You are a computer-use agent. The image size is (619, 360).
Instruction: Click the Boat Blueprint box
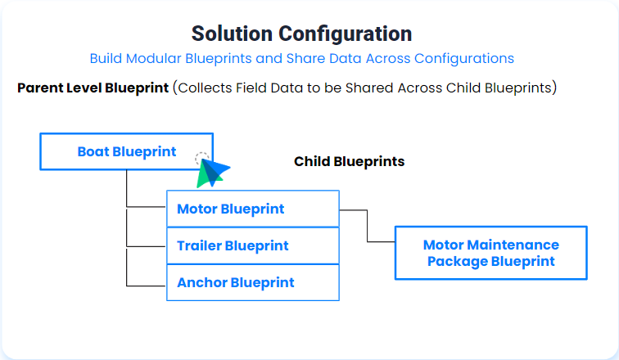point(126,151)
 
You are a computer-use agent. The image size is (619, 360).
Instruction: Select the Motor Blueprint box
point(252,209)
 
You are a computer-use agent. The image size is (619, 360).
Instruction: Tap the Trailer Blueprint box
point(252,245)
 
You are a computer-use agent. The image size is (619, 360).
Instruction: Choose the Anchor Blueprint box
point(252,282)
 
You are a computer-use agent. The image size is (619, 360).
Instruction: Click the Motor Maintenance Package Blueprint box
point(490,254)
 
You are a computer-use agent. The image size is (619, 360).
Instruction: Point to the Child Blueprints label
point(349,161)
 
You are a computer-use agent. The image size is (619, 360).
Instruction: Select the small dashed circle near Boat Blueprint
point(202,159)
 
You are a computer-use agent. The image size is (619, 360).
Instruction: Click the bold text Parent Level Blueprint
point(93,88)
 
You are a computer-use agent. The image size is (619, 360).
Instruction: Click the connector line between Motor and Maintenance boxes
point(367,226)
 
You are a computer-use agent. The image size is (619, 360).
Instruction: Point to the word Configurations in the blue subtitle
point(463,58)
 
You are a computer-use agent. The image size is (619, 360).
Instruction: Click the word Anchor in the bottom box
point(201,282)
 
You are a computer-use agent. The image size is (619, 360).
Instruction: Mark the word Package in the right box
point(456,262)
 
